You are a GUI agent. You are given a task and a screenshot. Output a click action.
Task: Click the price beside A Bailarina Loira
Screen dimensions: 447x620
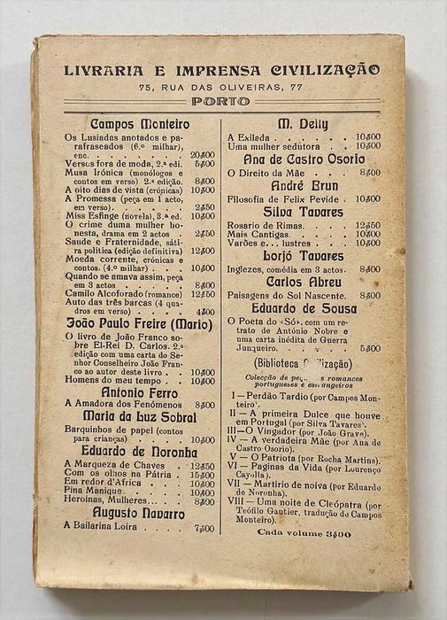203,529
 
